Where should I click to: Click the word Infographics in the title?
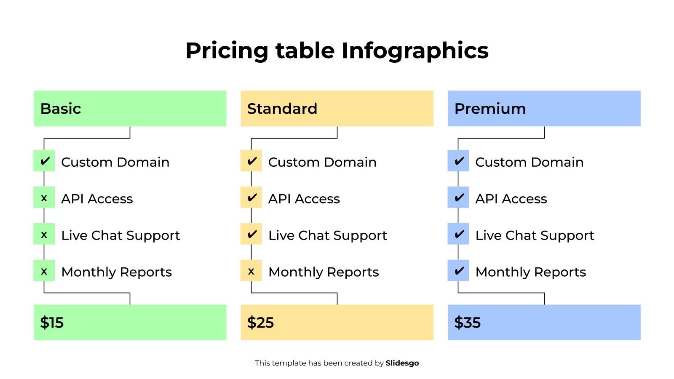point(415,51)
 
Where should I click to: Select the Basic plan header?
point(130,109)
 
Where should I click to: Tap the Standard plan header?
point(337,109)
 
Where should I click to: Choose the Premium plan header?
point(544,109)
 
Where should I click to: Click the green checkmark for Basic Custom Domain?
point(44,161)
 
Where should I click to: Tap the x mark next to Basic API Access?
point(44,198)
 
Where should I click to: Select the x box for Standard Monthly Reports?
point(251,271)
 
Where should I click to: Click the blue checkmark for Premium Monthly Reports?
point(458,271)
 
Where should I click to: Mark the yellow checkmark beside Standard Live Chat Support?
point(251,234)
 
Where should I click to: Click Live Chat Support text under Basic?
point(120,235)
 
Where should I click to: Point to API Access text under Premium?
point(511,199)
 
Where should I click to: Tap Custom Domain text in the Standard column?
point(322,162)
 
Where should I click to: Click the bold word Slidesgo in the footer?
point(402,363)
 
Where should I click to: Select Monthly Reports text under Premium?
point(530,272)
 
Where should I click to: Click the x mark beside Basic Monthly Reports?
point(44,271)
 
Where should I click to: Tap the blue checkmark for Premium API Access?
point(458,198)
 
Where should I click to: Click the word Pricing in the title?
point(227,51)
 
